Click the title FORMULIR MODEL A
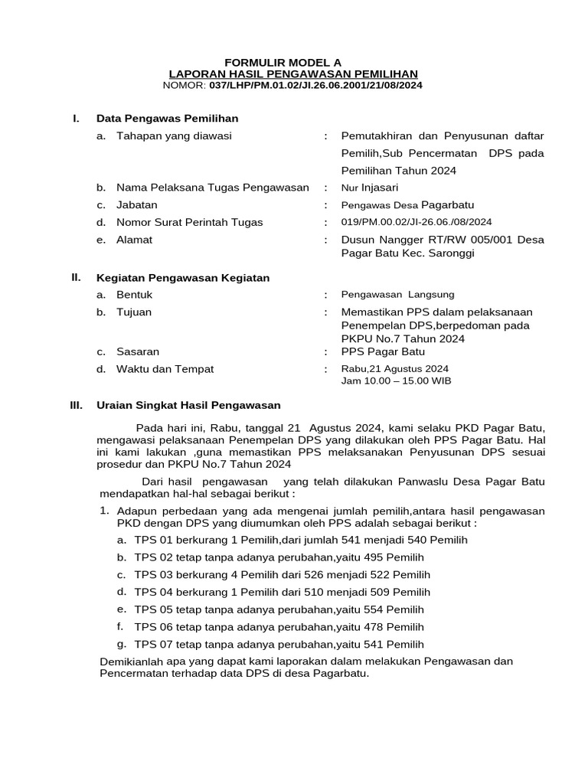(x=283, y=62)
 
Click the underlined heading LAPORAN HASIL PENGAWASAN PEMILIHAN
(x=293, y=73)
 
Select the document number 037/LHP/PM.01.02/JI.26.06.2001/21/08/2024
(x=315, y=85)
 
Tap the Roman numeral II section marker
(x=76, y=277)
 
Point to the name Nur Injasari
(x=370, y=187)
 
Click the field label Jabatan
(x=137, y=204)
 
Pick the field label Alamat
(x=135, y=240)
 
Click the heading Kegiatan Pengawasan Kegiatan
(x=183, y=278)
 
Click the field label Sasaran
(x=138, y=351)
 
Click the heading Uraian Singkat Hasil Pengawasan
(x=188, y=405)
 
